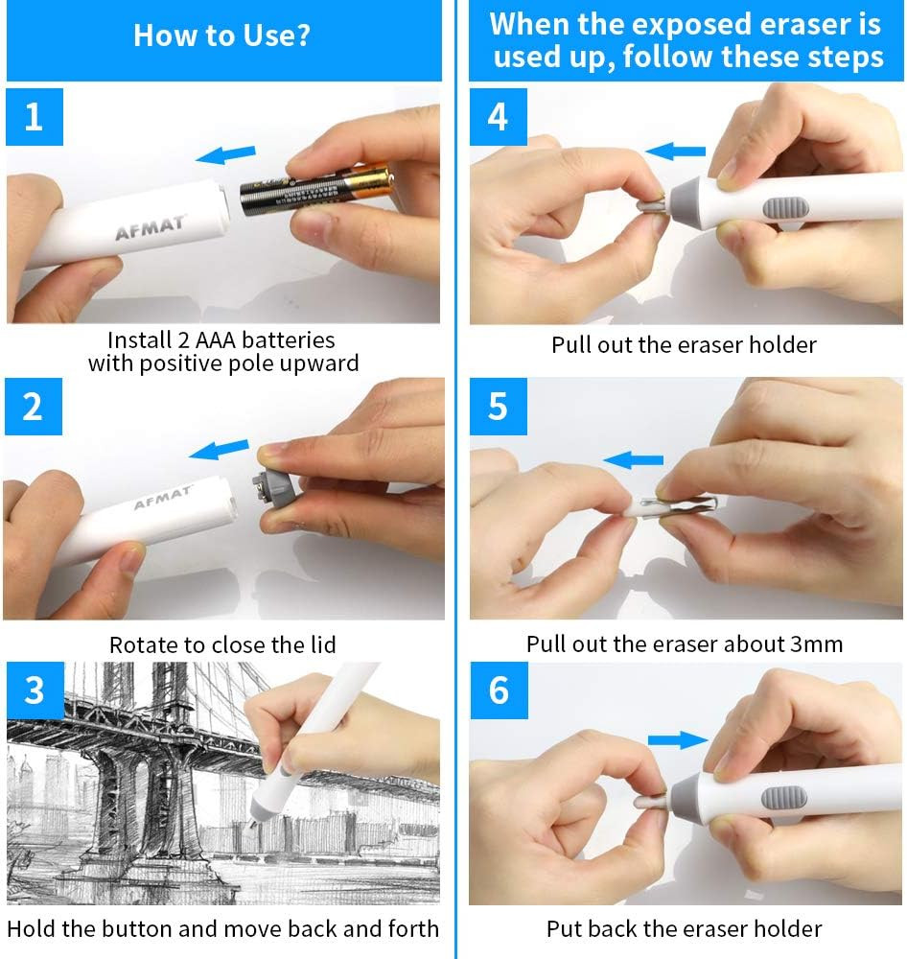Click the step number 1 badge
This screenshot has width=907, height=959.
[x=35, y=117]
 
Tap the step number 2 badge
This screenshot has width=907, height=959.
[x=34, y=407]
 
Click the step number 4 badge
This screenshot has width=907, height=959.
[x=498, y=117]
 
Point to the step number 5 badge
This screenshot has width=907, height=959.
[x=498, y=407]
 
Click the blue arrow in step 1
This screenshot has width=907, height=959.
[x=225, y=153]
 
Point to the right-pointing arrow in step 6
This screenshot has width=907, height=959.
[x=678, y=738]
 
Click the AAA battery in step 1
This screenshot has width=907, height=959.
[x=316, y=189]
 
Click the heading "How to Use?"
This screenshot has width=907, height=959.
[x=221, y=35]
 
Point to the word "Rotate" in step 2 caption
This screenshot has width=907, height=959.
[x=142, y=644]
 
